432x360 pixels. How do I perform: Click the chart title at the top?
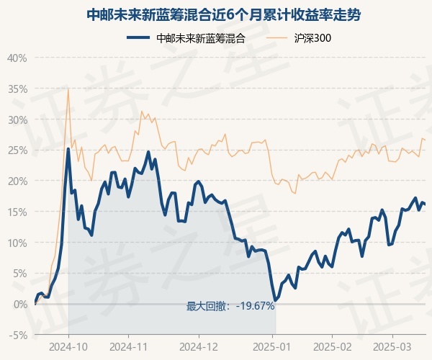[x=224, y=15]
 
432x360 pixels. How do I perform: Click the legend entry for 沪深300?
[x=298, y=38]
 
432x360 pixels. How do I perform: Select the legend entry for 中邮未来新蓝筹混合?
[x=186, y=38]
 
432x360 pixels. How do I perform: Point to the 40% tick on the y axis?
[x=17, y=58]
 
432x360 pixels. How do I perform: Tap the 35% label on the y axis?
[x=17, y=89]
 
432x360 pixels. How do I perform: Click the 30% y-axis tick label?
[x=17, y=120]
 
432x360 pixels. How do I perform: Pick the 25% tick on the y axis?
[x=17, y=150]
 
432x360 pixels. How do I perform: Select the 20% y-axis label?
[x=17, y=181]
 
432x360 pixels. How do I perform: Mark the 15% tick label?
[x=17, y=212]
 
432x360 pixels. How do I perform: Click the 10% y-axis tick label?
[x=17, y=243]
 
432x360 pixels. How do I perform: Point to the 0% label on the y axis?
[x=20, y=305]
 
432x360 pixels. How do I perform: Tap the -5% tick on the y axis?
[x=18, y=336]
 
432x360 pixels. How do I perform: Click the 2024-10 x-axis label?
[x=68, y=347]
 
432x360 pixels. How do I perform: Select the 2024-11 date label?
[x=128, y=347]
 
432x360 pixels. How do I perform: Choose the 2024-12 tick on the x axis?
[x=199, y=347]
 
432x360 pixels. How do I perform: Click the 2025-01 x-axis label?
[x=272, y=347]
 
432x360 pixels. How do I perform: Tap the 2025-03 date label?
[x=392, y=347]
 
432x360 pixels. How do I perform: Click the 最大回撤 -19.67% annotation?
[x=230, y=306]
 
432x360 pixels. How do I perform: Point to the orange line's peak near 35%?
[x=68, y=89]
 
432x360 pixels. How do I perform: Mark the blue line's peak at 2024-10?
[x=68, y=149]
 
